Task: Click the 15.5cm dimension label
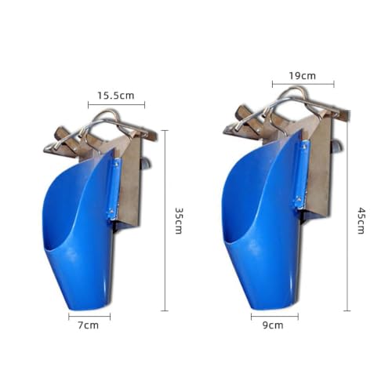point(116,96)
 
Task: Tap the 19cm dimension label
point(303,76)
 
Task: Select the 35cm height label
point(179,221)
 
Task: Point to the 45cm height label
point(361,221)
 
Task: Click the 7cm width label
point(89,325)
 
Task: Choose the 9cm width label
point(273,325)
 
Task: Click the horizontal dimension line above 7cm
point(89,317)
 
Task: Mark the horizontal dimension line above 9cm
point(274,317)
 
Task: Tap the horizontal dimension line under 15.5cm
point(116,105)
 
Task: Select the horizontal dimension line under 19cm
point(303,84)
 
